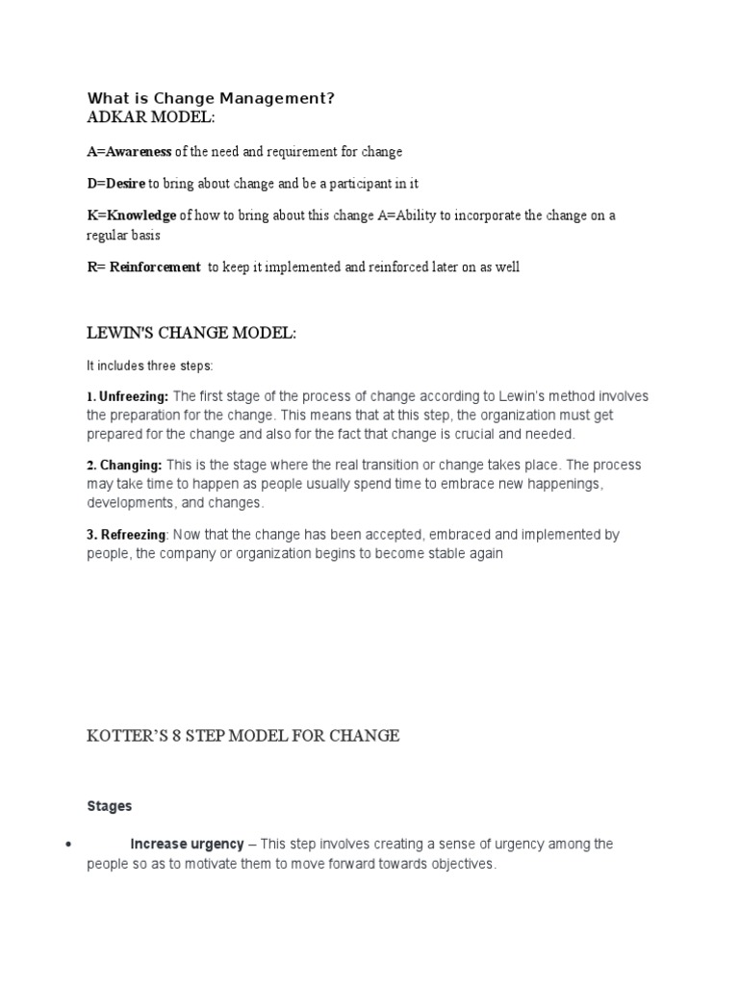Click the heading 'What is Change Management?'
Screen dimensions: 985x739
[x=211, y=97]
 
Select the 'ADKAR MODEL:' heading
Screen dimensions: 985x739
[x=151, y=116]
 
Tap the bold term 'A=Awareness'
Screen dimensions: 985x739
[x=129, y=152]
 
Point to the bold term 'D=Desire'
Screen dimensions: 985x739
[x=115, y=183]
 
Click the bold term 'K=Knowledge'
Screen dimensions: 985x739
[x=132, y=215]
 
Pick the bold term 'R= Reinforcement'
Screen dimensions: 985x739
[x=143, y=267]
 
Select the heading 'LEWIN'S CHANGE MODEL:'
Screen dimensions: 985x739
[x=191, y=333]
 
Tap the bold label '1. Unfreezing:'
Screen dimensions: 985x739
[x=128, y=396]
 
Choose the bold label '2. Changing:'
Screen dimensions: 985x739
[x=124, y=466]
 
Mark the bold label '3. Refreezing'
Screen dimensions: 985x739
[x=127, y=535]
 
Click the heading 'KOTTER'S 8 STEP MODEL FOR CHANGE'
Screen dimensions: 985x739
[x=242, y=736]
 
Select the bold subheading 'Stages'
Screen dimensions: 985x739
[x=109, y=805]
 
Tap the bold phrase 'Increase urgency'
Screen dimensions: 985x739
[x=187, y=844]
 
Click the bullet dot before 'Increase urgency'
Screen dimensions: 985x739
[x=68, y=845]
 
